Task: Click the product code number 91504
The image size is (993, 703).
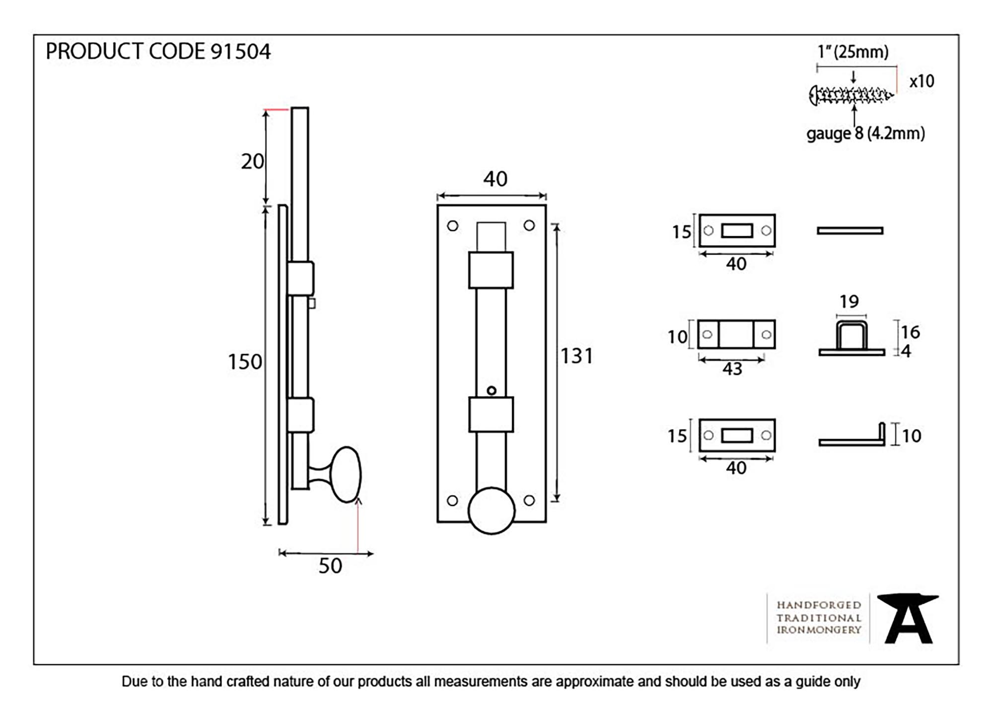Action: click(240, 52)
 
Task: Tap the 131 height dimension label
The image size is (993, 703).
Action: click(576, 356)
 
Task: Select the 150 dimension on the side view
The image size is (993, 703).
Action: click(244, 362)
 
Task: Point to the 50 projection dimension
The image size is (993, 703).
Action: click(330, 566)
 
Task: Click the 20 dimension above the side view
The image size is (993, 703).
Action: click(252, 161)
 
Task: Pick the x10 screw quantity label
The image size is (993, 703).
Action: click(922, 81)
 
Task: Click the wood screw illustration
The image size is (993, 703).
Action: click(851, 95)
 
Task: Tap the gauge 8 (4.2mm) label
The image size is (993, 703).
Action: click(865, 134)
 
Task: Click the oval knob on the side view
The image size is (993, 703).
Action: click(346, 474)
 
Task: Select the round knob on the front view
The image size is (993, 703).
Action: click(491, 510)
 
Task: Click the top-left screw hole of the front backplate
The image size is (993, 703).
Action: click(452, 226)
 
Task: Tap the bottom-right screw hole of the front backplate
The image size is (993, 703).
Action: click(529, 500)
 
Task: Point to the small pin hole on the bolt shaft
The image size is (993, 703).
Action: click(491, 391)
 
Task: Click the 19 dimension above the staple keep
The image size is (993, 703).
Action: click(849, 301)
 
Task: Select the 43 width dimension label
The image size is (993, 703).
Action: click(732, 369)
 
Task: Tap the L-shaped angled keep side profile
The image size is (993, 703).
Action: click(852, 439)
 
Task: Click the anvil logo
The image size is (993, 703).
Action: click(907, 619)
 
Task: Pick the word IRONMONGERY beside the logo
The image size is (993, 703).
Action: click(819, 630)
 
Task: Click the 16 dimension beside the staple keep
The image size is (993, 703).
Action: click(910, 332)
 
